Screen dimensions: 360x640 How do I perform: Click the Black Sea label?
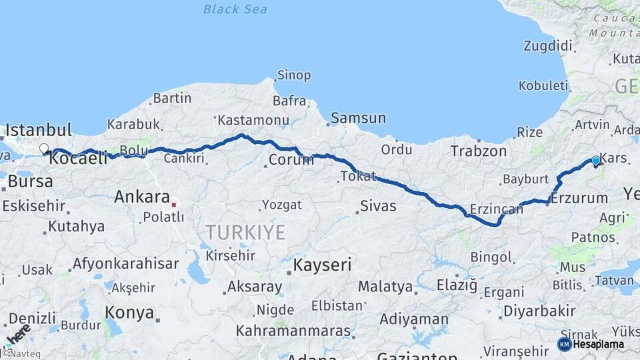(235, 9)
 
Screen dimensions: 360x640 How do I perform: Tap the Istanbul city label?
(39, 129)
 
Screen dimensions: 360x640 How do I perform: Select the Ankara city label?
(142, 197)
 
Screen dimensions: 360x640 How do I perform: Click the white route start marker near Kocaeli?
(44, 149)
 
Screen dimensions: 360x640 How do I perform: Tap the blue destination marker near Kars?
(595, 161)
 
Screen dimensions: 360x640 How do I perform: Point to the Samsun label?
(359, 118)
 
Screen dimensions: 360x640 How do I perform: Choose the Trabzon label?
(479, 151)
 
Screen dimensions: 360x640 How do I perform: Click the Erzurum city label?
(579, 198)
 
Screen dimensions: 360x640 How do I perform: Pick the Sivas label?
(378, 206)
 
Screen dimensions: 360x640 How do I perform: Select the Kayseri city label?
(323, 265)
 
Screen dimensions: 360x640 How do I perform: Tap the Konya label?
(129, 313)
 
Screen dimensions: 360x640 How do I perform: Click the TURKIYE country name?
(245, 232)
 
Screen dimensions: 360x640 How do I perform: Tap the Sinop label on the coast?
(294, 75)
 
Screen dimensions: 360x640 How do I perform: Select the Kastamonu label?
(253, 121)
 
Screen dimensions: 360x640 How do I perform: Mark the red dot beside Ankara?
(173, 205)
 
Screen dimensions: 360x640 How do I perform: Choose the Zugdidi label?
(548, 46)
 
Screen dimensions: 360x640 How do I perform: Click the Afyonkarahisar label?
(117, 263)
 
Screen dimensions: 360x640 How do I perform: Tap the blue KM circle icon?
(565, 344)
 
